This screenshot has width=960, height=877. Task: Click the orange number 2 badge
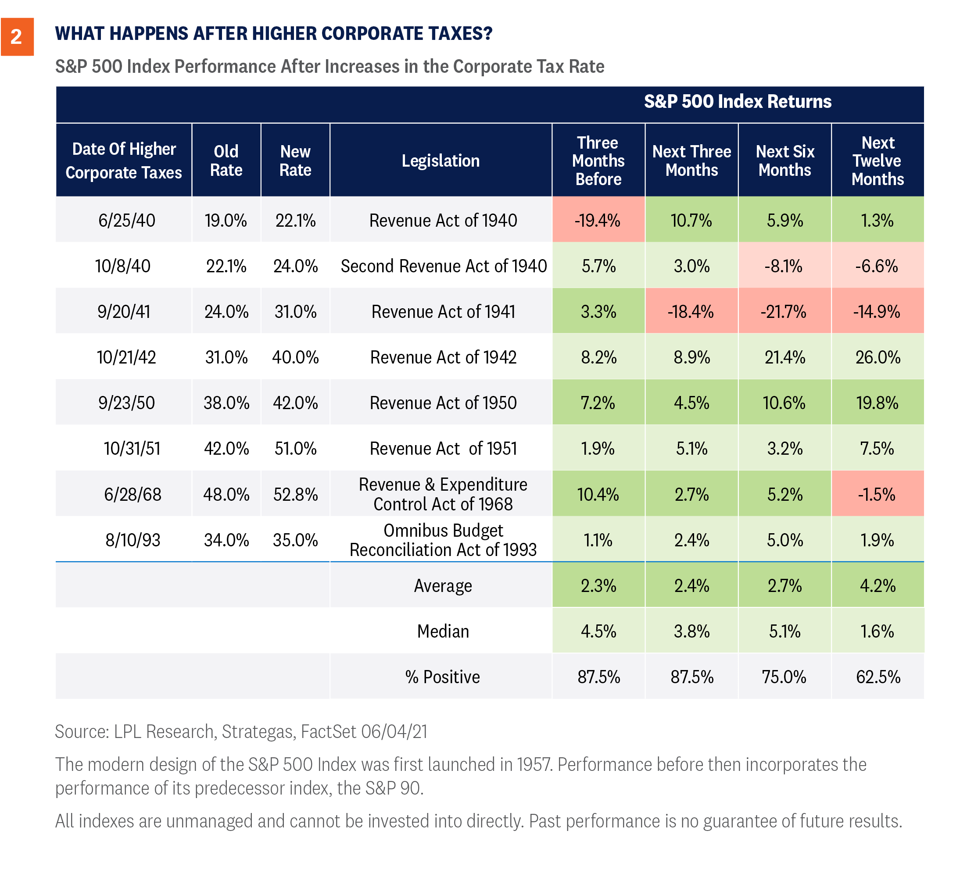pyautogui.click(x=17, y=37)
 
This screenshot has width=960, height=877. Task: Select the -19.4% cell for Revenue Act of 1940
pyautogui.click(x=598, y=220)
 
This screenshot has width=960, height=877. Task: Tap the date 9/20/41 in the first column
pyautogui.click(x=124, y=312)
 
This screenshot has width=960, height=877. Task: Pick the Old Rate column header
pyautogui.click(x=226, y=161)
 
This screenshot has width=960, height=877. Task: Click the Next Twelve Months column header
pyautogui.click(x=878, y=161)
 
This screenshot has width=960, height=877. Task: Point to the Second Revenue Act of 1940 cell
pyautogui.click(x=443, y=266)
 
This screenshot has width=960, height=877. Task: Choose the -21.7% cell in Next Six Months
pyautogui.click(x=784, y=312)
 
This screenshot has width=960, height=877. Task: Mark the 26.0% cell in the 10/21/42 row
pyautogui.click(x=878, y=357)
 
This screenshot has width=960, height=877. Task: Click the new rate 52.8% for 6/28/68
pyautogui.click(x=295, y=495)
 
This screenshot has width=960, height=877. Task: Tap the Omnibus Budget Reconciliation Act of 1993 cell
pyautogui.click(x=443, y=540)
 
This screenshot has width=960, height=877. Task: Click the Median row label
pyautogui.click(x=443, y=631)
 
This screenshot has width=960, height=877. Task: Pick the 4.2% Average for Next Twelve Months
pyautogui.click(x=878, y=586)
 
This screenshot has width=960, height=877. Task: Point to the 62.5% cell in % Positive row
pyautogui.click(x=878, y=677)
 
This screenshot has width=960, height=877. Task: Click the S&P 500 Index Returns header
pyautogui.click(x=737, y=102)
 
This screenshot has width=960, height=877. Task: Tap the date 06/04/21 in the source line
pyautogui.click(x=394, y=731)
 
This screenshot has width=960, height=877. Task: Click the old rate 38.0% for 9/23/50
pyautogui.click(x=226, y=403)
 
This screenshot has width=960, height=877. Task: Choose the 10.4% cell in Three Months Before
pyautogui.click(x=598, y=495)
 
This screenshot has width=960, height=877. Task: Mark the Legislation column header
pyautogui.click(x=441, y=161)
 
